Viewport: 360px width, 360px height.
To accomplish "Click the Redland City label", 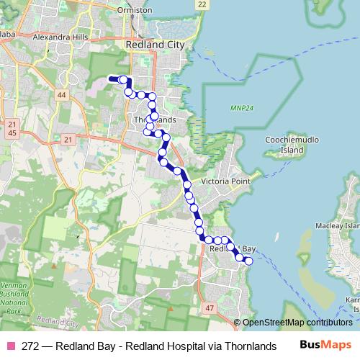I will coord(155,45).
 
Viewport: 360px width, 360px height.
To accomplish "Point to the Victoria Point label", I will coord(225,181).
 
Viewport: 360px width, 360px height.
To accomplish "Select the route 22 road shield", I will coord(202,4).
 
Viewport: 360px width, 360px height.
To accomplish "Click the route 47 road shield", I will coord(210,307).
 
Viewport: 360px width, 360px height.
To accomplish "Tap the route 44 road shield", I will coord(62,95).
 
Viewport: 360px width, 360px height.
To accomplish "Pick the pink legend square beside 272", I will coord(11,345).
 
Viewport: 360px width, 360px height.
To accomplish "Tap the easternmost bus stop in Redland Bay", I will coord(249,261).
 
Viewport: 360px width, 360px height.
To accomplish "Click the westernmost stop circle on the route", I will coord(123,80).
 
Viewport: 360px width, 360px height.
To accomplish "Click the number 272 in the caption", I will coord(31,345).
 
